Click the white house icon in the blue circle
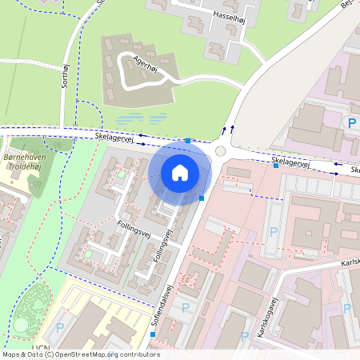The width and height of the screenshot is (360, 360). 180,172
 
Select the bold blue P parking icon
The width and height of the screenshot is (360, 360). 350,122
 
